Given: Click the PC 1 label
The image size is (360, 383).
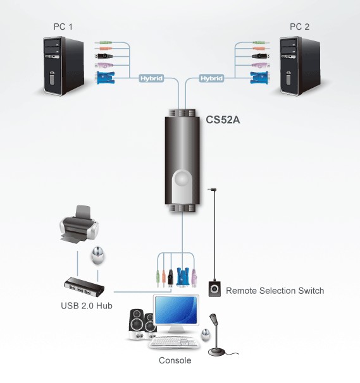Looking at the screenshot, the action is (63, 27).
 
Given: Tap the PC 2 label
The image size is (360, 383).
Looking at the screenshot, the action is (300, 27).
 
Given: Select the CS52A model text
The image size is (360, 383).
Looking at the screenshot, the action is (223, 119).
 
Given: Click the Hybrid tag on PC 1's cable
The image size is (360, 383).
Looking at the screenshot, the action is (151, 78).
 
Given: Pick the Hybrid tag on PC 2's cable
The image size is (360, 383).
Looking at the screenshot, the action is (211, 78).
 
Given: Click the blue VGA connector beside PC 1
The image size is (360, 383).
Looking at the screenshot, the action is (106, 78).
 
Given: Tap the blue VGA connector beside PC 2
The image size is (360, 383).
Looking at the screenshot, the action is (259, 78).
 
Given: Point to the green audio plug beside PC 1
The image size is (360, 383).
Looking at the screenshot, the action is (103, 43).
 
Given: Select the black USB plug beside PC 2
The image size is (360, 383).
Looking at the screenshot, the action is (261, 56).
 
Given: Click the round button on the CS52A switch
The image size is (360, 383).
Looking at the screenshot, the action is (182, 179).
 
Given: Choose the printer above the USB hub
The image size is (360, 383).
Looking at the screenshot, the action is (79, 224).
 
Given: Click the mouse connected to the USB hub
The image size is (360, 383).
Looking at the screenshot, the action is (98, 255).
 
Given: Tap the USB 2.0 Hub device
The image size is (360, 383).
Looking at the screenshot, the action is (84, 287).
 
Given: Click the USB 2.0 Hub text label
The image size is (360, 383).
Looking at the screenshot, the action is (87, 305).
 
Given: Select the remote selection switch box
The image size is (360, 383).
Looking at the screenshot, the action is (214, 289).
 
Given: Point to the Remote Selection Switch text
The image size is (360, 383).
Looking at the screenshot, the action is (275, 291).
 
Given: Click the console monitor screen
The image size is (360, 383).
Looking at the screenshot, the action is (176, 310).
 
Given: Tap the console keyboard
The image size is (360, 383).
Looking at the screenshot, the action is (174, 342).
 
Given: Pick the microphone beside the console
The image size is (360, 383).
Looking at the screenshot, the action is (217, 334).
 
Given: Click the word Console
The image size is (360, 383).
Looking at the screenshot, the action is (175, 360).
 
